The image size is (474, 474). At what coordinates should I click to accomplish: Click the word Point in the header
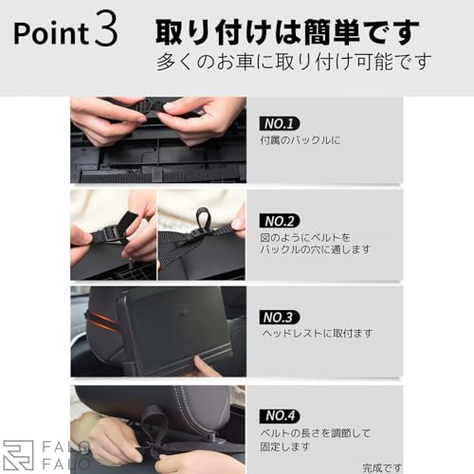pos(51,33)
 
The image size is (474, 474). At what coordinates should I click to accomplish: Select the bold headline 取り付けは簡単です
pos(287,32)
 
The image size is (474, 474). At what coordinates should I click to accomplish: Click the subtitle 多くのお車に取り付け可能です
pos(294,62)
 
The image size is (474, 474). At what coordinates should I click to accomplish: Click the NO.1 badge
pos(280,123)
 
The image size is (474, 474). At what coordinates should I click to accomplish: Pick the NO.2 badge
pos(280,221)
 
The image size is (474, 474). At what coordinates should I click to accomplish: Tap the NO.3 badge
pos(280,318)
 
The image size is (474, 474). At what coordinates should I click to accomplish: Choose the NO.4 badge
pos(280,416)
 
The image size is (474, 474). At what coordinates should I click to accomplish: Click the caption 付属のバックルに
pos(300,140)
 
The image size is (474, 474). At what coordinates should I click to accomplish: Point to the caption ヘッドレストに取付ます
pos(318,333)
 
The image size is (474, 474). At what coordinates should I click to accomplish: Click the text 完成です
pos(382,467)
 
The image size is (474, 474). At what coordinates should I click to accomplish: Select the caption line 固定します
pos(285,447)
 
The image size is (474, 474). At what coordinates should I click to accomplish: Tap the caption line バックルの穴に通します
pos(315,249)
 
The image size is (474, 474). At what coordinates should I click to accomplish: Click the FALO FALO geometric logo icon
pos(18,455)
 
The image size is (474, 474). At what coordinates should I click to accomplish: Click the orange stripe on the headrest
pos(101,320)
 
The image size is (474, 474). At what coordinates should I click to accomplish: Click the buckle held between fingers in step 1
pos(152,106)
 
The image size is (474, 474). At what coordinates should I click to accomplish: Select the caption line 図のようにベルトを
pos(305,237)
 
